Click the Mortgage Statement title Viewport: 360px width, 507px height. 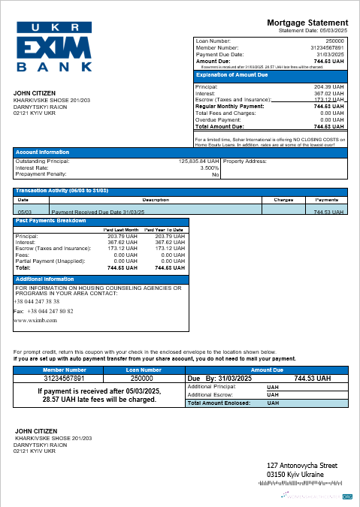307,23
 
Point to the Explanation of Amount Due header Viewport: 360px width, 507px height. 231,75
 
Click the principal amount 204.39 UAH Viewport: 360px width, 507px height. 329,86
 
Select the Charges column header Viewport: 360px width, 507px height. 283,201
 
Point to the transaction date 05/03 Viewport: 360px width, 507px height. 23,212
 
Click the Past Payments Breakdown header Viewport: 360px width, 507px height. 48,221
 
